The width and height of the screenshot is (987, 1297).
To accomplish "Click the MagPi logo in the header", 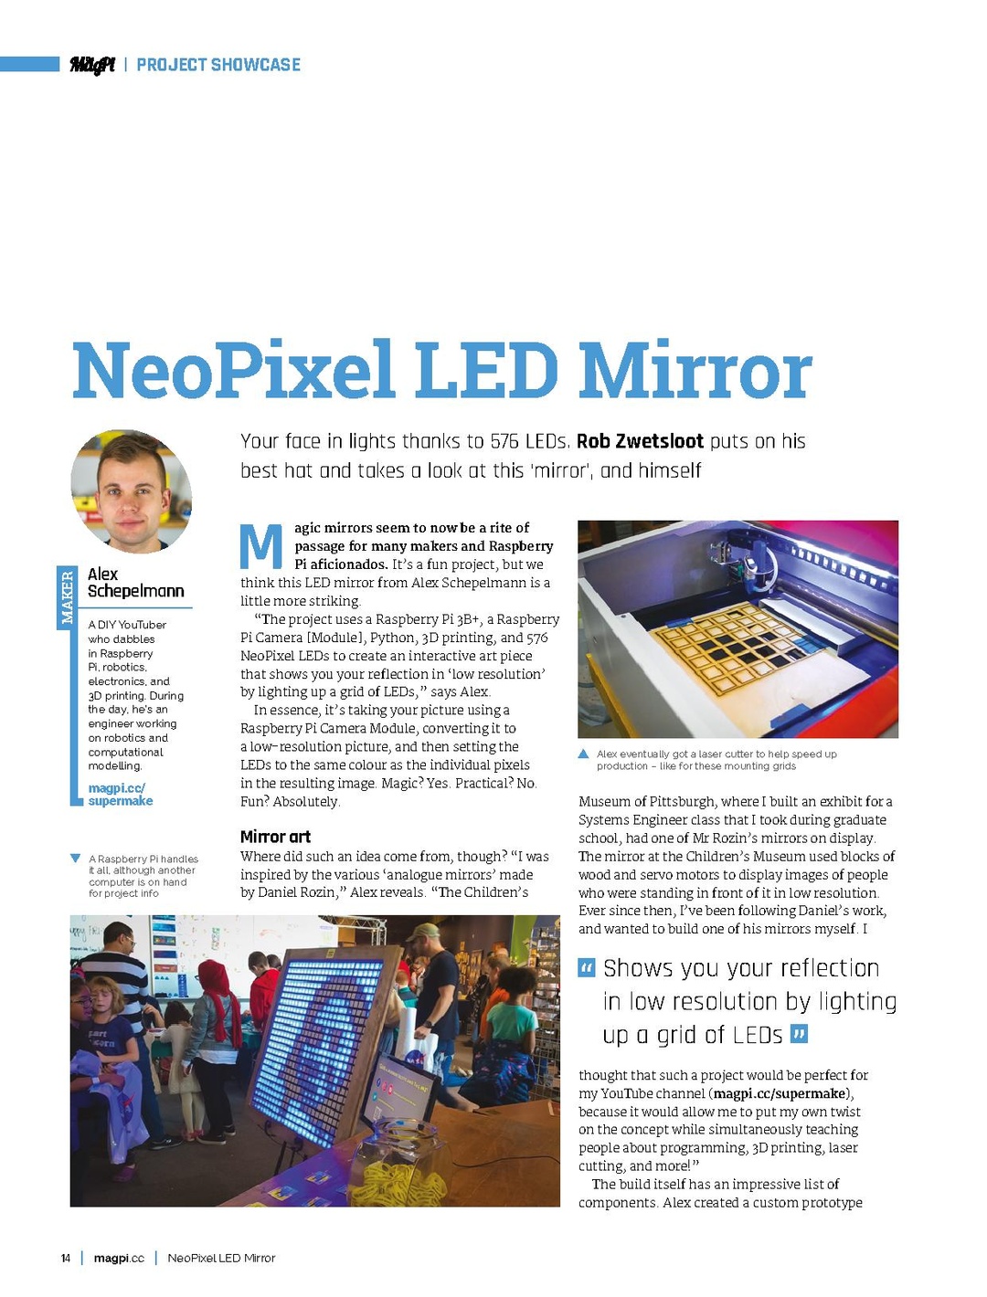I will click(92, 64).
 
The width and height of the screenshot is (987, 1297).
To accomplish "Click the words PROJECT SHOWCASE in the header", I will click(218, 65).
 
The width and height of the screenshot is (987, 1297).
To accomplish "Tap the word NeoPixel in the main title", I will click(233, 371).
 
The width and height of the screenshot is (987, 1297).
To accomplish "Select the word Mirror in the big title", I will click(695, 371).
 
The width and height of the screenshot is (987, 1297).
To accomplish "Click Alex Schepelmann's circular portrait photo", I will click(131, 490).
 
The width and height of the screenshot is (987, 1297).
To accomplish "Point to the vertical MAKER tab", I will click(66, 596).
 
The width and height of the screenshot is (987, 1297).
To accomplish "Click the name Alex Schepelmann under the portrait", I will click(134, 583).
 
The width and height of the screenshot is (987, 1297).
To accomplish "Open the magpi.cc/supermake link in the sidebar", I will click(120, 794).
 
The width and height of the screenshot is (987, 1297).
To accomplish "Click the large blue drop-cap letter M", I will click(261, 546).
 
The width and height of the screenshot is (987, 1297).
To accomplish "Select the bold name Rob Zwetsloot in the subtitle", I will click(640, 441).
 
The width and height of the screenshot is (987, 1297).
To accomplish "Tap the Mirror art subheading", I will click(275, 837).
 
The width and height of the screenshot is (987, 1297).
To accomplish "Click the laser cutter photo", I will click(738, 628).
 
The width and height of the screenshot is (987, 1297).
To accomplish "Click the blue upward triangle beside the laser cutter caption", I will click(584, 754).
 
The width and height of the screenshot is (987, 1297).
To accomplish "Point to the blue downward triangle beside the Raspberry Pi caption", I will click(75, 859).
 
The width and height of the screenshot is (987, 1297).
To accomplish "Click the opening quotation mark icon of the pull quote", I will click(587, 968).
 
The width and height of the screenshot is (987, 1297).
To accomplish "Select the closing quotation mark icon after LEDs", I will click(799, 1035).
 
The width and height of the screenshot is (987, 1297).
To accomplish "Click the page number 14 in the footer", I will click(66, 1258).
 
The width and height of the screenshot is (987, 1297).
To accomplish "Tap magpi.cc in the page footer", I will click(119, 1258).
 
